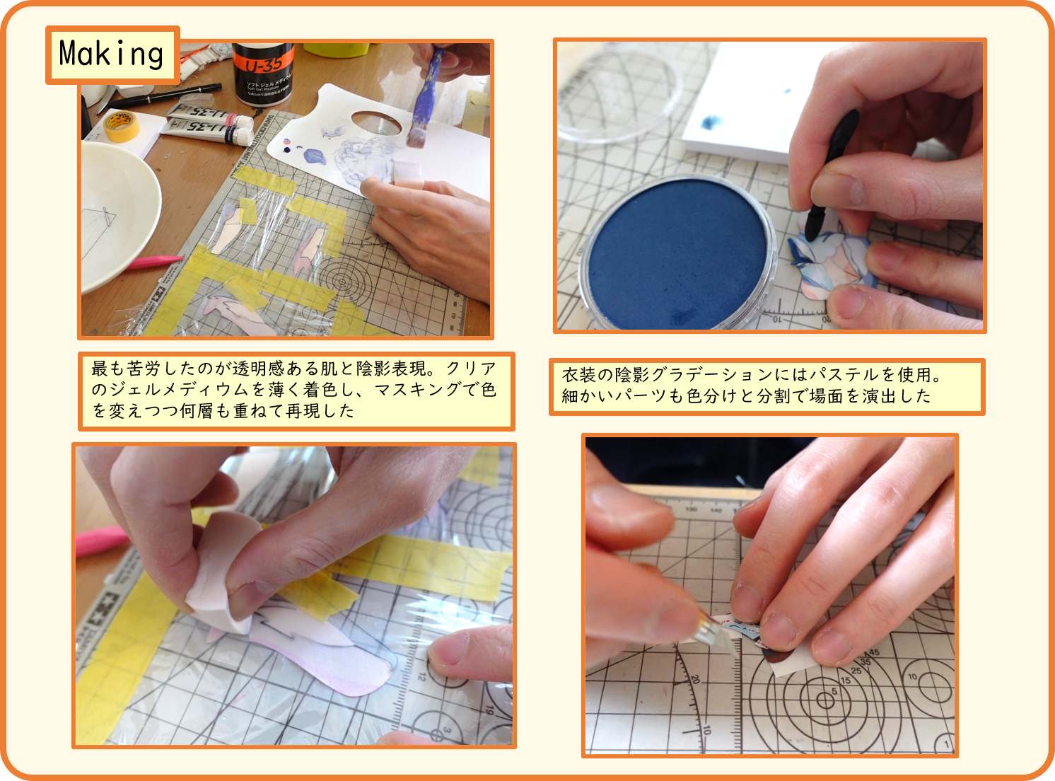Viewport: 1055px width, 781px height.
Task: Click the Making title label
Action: coord(112,54)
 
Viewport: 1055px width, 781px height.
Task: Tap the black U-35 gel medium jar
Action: coord(264,73)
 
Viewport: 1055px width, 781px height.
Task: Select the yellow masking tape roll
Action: coord(122,126)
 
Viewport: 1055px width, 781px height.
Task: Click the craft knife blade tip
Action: coord(736,655)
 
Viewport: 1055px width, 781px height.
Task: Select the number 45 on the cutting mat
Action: coord(874,652)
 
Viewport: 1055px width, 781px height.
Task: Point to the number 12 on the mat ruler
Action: coord(421,676)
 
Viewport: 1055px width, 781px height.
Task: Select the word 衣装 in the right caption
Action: coord(579,375)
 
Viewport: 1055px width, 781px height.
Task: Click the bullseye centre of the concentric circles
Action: coord(824,700)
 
